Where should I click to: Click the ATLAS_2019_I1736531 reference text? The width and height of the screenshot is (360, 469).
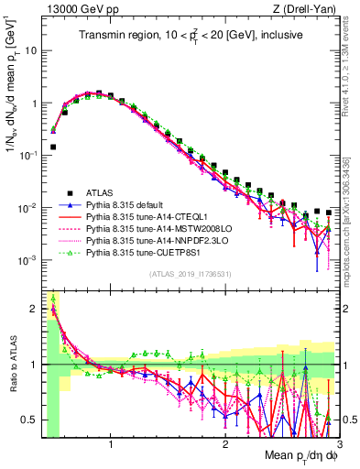point(190,275)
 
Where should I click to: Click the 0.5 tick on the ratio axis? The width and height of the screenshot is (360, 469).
point(29,420)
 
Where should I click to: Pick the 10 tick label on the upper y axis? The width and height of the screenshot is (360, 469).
point(30,51)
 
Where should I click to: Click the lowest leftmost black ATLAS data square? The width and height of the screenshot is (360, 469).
point(53,147)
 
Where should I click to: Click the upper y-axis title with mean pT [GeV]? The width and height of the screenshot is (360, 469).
point(12,102)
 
